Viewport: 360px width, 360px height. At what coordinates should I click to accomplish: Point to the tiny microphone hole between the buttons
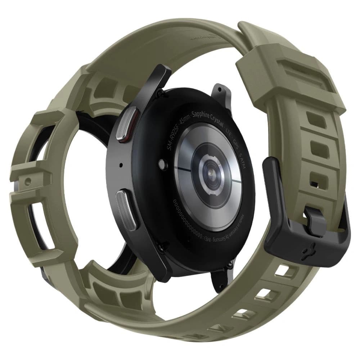[120, 166]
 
